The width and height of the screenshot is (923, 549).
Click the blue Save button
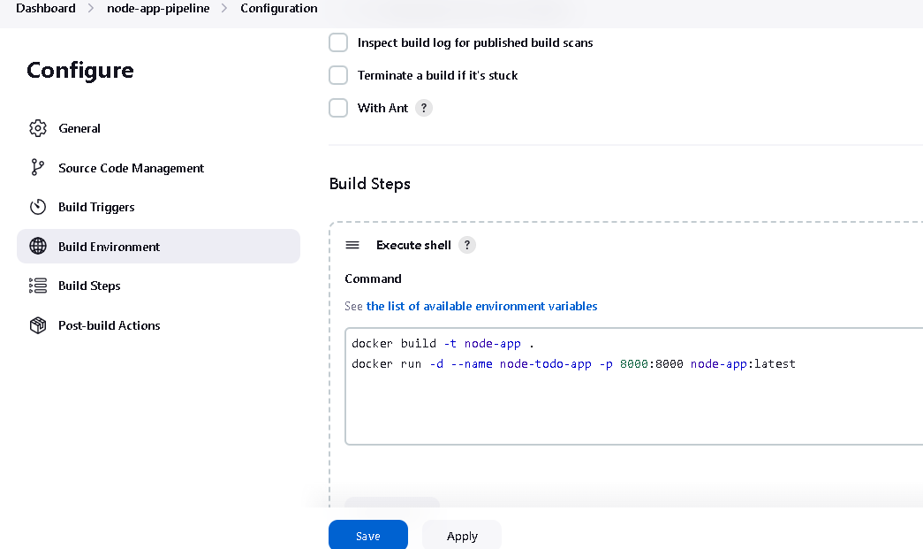point(368,535)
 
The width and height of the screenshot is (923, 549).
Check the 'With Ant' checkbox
point(338,108)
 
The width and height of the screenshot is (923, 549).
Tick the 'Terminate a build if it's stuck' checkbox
point(338,75)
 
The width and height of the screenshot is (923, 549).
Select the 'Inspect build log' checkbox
point(338,42)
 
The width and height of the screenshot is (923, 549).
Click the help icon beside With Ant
point(424,108)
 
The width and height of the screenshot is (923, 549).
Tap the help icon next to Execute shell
point(466,245)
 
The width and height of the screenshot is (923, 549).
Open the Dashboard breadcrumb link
point(46,8)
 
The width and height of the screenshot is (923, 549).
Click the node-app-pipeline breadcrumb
point(158,8)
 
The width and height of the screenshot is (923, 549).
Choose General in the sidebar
point(79,128)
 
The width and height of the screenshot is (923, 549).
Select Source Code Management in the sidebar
point(132,168)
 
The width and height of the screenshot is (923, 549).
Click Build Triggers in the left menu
point(96,208)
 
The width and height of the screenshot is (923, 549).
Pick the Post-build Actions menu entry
point(109,325)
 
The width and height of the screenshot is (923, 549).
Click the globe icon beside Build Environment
point(38,247)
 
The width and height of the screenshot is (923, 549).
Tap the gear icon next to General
point(38,128)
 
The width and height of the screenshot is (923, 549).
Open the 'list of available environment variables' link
point(481,306)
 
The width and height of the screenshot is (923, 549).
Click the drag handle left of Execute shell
point(352,245)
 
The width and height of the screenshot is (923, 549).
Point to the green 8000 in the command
point(634,364)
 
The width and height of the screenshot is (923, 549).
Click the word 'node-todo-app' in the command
point(546,364)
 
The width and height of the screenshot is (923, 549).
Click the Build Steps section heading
point(370,184)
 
